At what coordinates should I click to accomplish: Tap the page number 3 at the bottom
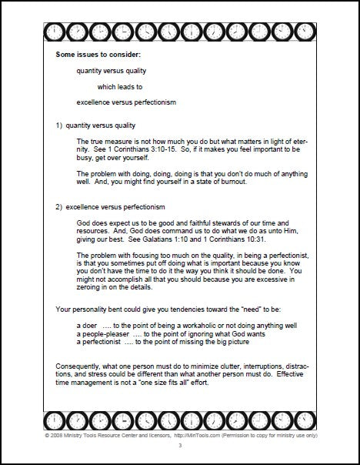[x=179, y=447]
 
